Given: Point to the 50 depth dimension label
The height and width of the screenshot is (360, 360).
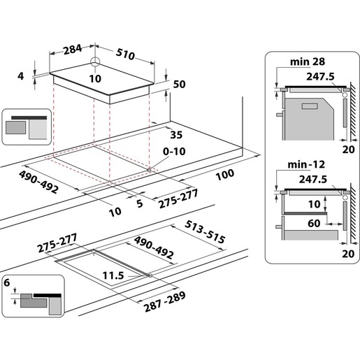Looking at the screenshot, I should (x=179, y=84).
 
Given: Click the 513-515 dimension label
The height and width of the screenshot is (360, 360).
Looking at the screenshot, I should (x=206, y=231).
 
